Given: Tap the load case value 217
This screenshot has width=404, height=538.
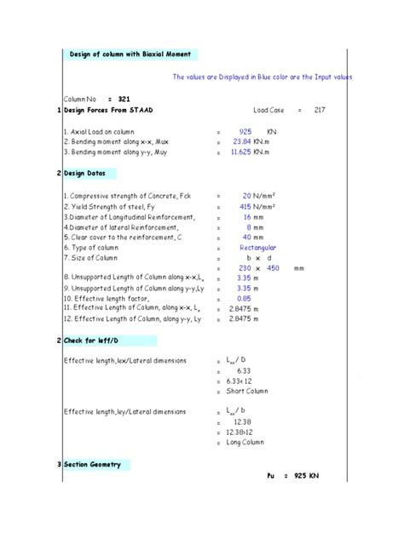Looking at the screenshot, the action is pos(343,111).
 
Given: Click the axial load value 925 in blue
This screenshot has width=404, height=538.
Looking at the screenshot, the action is pos(245,132).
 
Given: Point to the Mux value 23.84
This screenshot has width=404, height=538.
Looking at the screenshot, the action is pos(244,142).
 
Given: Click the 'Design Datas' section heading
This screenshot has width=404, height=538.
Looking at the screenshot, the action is pos(89,173).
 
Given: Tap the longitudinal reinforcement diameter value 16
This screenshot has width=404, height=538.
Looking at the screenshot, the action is pos(247,217).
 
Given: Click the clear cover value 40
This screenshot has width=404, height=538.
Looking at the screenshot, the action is pos(247,238).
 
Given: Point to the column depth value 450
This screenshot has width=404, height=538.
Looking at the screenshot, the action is pos(274,268).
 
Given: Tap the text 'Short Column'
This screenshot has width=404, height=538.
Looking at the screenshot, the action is pos(247,391).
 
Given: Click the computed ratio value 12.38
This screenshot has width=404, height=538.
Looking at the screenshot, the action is pos(244,422).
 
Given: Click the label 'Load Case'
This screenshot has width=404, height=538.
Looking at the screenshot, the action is pos(294,111).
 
